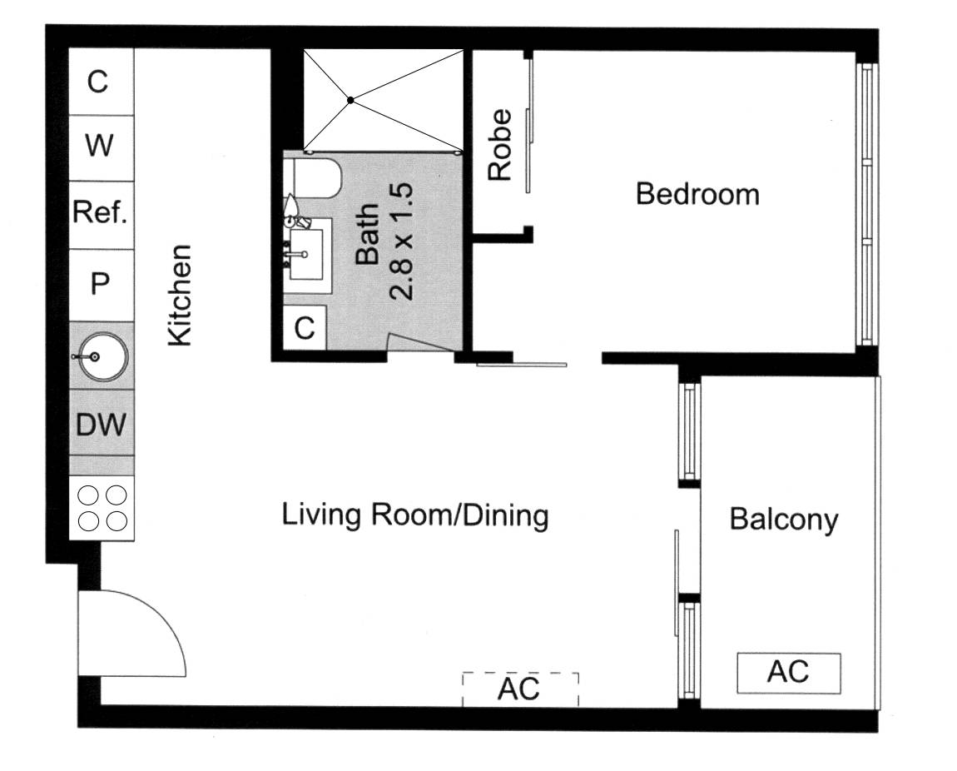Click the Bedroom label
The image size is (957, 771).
pyautogui.click(x=697, y=195)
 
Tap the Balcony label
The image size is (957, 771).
pyautogui.click(x=783, y=520)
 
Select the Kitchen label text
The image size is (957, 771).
pyautogui.click(x=181, y=295)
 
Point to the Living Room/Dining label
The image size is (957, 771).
pyautogui.click(x=415, y=515)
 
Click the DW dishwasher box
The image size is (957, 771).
pyautogui.click(x=101, y=425)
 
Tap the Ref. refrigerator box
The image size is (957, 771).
pyautogui.click(x=101, y=213)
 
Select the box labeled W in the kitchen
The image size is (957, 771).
pyautogui.click(x=99, y=147)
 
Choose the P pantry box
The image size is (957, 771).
pyautogui.click(x=100, y=285)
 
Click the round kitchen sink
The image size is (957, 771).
pyautogui.click(x=101, y=356)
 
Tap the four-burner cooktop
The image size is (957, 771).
pyautogui.click(x=101, y=508)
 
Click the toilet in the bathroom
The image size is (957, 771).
pyautogui.click(x=315, y=178)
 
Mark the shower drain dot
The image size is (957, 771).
pyautogui.click(x=351, y=100)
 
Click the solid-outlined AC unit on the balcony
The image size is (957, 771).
pyautogui.click(x=788, y=673)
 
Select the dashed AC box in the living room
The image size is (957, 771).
pyautogui.click(x=519, y=689)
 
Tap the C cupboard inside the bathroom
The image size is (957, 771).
pyautogui.click(x=305, y=329)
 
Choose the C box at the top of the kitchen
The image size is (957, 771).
pyautogui.click(x=99, y=82)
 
